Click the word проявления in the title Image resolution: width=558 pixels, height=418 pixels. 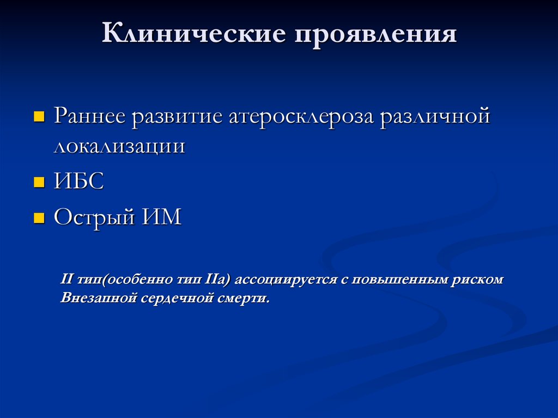pyautogui.click(x=377, y=35)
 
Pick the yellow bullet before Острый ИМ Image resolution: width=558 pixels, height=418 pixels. pyautogui.click(x=39, y=219)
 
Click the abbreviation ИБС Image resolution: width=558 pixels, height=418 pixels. pyautogui.click(x=78, y=182)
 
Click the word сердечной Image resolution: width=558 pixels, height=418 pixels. pyautogui.click(x=177, y=299)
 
